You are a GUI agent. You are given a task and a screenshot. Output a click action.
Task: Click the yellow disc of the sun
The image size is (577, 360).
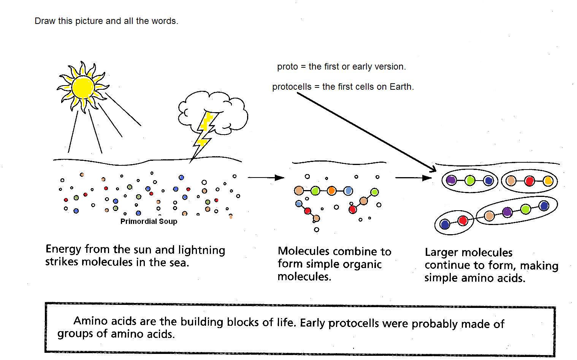tap(83, 87)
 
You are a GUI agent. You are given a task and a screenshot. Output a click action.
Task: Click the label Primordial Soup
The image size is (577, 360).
tap(149, 221)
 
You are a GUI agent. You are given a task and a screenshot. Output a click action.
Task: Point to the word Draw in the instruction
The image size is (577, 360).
tap(45, 21)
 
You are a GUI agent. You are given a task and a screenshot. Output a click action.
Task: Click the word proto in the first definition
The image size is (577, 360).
tap(287, 67)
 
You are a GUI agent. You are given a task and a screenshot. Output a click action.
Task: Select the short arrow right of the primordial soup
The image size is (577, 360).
tap(266, 178)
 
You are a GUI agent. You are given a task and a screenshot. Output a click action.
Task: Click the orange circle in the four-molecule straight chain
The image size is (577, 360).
tap(331, 191)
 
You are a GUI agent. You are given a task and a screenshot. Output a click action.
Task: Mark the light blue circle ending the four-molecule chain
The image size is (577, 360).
tap(348, 191)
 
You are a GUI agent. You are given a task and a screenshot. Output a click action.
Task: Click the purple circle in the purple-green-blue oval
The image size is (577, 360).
tap(451, 180)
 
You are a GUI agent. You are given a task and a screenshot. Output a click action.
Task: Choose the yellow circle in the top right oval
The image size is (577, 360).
tap(548, 181)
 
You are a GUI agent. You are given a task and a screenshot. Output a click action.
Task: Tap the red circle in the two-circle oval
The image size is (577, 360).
tap(463, 220)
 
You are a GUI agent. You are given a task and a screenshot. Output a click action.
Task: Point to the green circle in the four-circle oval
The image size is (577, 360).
tap(525, 209)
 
